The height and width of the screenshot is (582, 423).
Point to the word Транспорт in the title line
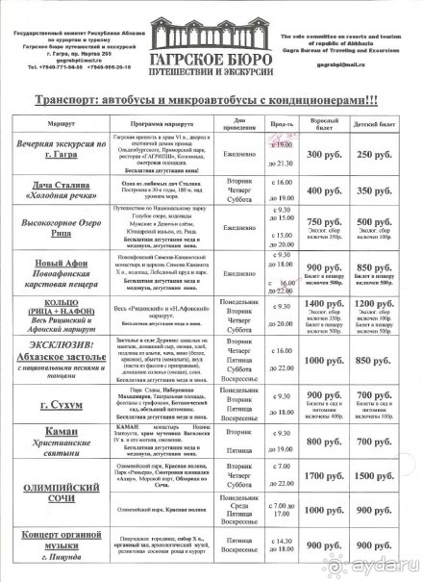click(x=70, y=100)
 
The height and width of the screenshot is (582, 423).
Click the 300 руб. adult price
click(x=322, y=154)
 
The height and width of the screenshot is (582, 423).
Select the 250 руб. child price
click(x=378, y=154)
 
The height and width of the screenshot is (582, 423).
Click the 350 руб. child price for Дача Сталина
click(x=378, y=190)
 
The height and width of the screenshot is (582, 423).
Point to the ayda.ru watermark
click(x=387, y=567)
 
